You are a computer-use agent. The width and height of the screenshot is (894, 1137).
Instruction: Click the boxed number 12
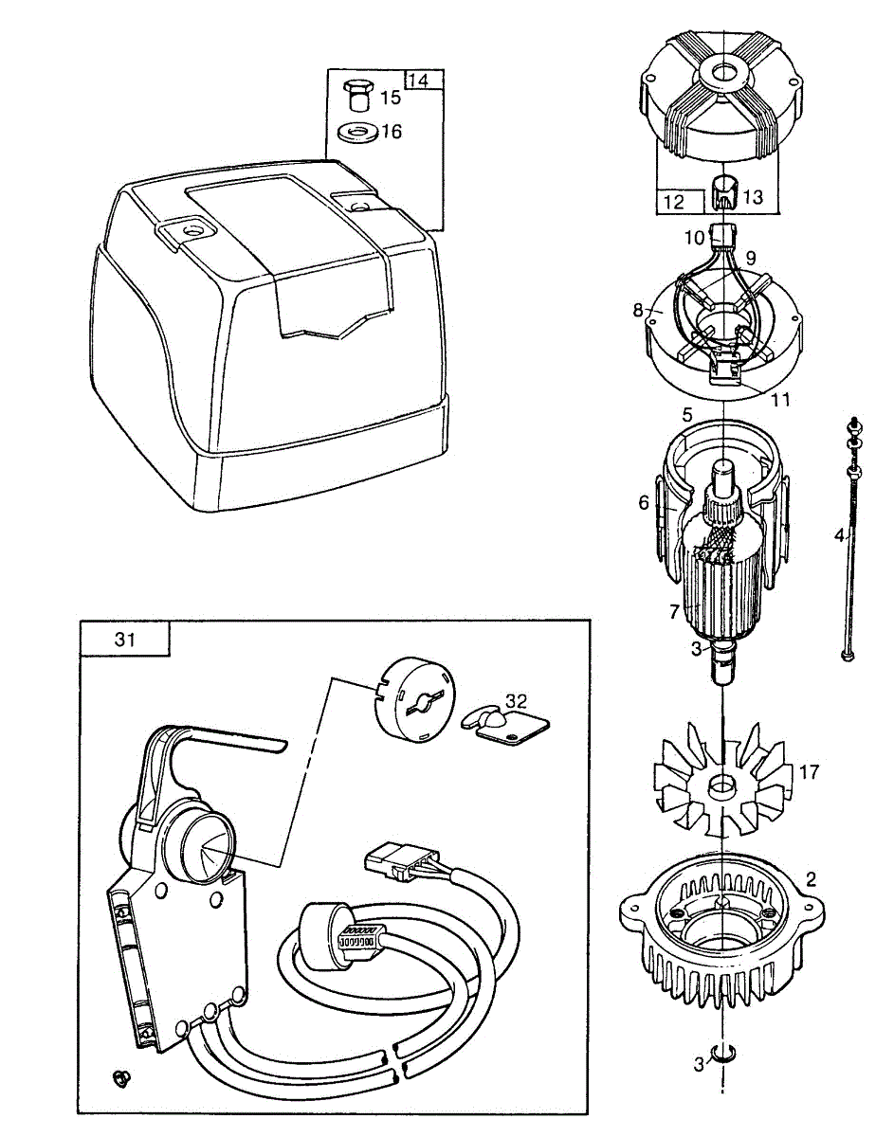pos(674,201)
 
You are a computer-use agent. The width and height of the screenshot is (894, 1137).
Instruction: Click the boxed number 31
pos(125,639)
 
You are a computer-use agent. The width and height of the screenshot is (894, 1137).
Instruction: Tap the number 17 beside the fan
pos(810,772)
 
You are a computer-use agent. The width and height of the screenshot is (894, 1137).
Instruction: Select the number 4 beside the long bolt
pos(838,536)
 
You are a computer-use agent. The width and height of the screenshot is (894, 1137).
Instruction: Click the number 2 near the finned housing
pos(811,877)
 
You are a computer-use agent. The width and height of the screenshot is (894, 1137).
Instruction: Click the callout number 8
pos(636,309)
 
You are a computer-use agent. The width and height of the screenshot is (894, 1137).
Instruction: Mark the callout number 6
pos(644,502)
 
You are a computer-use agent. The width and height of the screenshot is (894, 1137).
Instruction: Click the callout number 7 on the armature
pos(674,612)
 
